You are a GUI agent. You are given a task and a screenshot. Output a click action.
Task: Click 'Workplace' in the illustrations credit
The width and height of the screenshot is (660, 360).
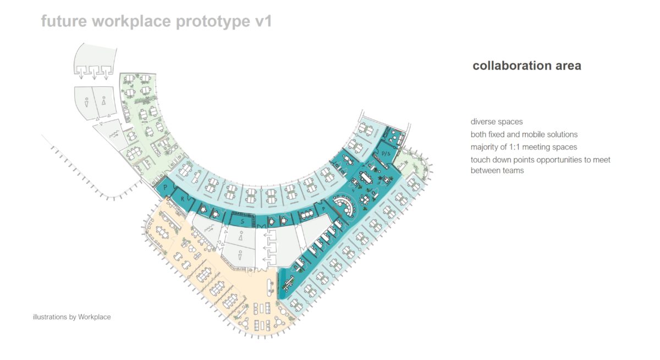click(x=94, y=317)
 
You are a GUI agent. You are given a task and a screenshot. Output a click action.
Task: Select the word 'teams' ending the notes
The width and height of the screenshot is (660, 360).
click(x=514, y=170)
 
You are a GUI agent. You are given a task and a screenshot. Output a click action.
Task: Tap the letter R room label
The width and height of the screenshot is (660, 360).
click(x=183, y=199)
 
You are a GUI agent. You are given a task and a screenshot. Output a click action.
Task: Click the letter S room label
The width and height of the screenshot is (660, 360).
click(x=243, y=221)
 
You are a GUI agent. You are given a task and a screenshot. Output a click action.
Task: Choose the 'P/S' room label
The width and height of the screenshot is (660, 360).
click(x=386, y=154)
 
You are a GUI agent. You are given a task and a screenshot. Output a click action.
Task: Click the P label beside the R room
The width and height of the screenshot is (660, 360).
click(x=166, y=187)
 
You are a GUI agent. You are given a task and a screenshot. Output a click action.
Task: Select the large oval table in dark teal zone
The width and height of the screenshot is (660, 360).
click(x=366, y=178)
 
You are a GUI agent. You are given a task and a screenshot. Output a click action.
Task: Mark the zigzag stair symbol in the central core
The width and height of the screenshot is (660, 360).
click(x=209, y=228)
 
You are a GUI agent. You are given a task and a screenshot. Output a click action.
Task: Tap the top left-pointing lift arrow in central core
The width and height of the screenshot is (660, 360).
click(x=269, y=235)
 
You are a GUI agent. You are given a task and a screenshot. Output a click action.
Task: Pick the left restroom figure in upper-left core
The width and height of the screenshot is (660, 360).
click(x=87, y=102)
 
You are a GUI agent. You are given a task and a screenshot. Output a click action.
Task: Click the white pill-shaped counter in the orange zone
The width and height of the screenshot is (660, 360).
click(x=270, y=287)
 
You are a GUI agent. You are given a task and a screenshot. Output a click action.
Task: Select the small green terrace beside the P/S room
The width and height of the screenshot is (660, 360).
click(x=412, y=163)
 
